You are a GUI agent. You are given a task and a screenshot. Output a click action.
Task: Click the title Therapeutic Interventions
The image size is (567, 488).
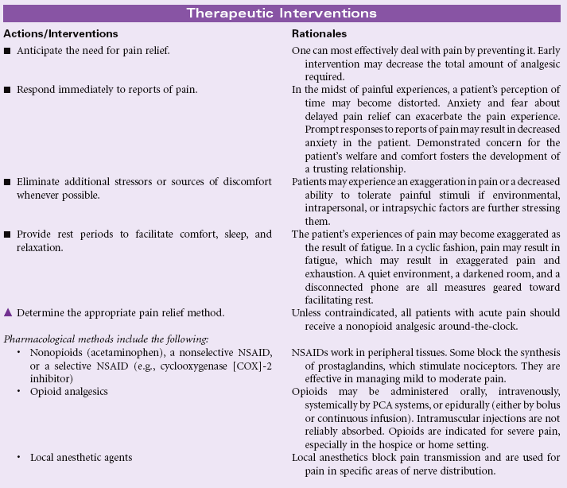(x=282, y=13)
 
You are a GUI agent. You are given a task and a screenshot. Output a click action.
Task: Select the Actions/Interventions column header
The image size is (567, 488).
(x=60, y=34)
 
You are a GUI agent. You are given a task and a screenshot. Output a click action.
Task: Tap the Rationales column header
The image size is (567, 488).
(x=319, y=34)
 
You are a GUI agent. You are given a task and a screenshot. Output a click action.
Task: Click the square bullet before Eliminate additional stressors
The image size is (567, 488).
(x=8, y=184)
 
